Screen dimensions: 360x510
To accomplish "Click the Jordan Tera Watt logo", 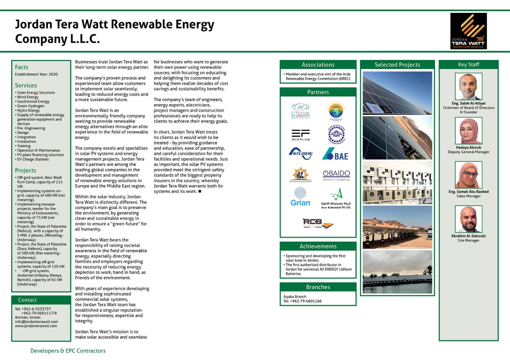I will pyautogui.click(x=468, y=31).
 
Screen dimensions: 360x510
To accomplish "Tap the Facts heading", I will pyautogui.click(x=22, y=67).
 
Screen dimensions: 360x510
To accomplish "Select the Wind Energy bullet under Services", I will pyautogui.click(x=28, y=97).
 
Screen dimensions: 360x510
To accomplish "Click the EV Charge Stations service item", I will pyautogui.click(x=33, y=159).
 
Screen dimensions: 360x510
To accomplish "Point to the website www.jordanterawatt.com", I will pyautogui.click(x=36, y=326).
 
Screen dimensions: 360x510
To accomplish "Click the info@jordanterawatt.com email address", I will pyautogui.click(x=36, y=321).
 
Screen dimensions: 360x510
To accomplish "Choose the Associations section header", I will pyautogui.click(x=318, y=65).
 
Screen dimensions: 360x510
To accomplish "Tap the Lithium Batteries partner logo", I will pyautogui.click(x=300, y=111).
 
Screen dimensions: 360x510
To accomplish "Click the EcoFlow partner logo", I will pyautogui.click(x=300, y=135).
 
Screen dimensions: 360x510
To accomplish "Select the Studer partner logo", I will pyautogui.click(x=300, y=154).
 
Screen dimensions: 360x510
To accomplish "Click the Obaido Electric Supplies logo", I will pyautogui.click(x=336, y=175).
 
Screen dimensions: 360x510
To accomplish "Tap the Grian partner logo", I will pyautogui.click(x=300, y=197).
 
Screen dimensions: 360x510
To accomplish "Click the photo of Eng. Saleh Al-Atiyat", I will pyautogui.click(x=468, y=86).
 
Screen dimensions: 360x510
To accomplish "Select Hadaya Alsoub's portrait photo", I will pyautogui.click(x=468, y=131).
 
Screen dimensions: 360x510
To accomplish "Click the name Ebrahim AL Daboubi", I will pyautogui.click(x=468, y=236).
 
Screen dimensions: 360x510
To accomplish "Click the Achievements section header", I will pyautogui.click(x=318, y=246).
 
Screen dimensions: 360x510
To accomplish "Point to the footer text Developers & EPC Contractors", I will pyautogui.click(x=68, y=351).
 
